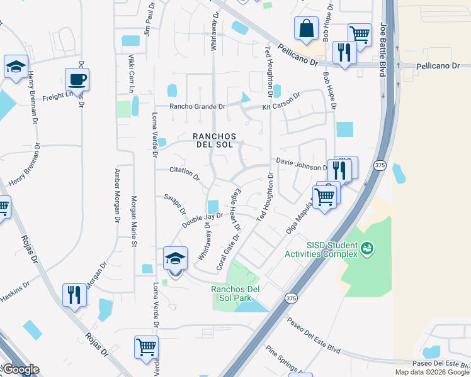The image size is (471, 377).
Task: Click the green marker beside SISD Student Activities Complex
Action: (x=367, y=249)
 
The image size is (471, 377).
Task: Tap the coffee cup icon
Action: (x=77, y=80)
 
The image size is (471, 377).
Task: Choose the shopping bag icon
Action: (x=306, y=28)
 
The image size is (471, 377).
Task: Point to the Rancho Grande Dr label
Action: (x=196, y=107)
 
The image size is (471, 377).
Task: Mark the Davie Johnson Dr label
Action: (x=299, y=164)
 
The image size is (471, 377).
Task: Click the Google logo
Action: (x=20, y=369)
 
